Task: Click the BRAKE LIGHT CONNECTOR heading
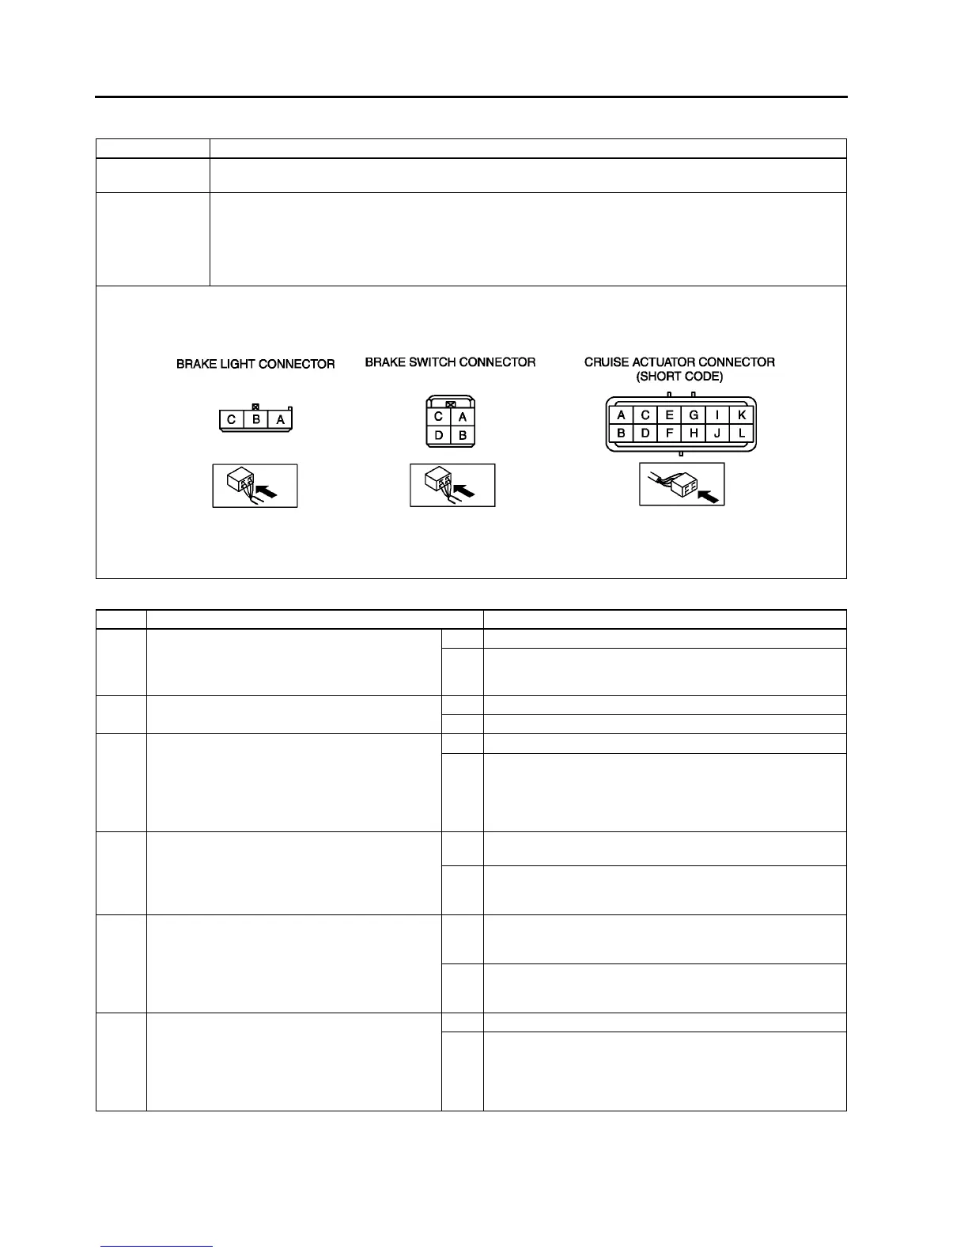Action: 255,365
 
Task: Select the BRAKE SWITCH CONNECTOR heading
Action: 450,362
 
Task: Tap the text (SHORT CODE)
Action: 679,377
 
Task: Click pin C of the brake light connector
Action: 232,420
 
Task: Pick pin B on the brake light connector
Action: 256,420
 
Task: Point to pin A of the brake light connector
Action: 280,420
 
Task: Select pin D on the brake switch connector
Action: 438,435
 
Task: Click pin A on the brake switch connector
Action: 463,417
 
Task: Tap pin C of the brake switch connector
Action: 438,417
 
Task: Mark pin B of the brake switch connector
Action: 463,435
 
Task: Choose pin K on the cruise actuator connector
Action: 741,415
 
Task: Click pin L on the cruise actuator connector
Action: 741,433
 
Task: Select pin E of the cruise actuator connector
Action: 669,415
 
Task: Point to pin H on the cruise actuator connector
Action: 694,433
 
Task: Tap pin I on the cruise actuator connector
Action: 717,415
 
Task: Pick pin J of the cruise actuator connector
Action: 717,433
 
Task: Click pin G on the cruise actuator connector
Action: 694,415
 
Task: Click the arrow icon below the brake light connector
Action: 255,486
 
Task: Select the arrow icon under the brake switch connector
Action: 452,486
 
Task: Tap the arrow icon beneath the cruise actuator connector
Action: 682,485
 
